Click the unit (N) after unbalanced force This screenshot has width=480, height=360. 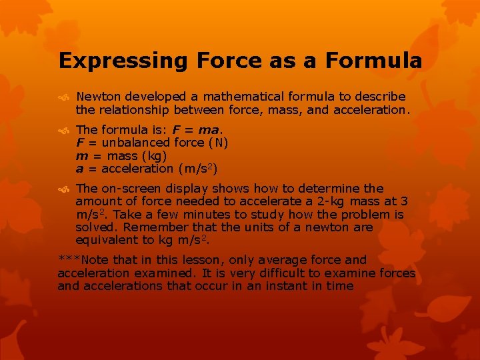[x=217, y=143]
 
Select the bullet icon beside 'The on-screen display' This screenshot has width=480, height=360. [x=64, y=189]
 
